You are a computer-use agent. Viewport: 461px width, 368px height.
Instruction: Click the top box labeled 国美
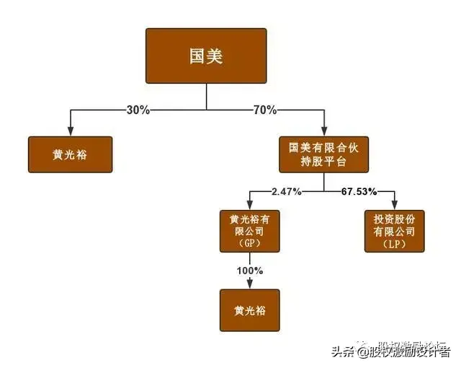(206, 56)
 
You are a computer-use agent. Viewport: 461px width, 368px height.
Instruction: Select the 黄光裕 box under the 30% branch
(70, 154)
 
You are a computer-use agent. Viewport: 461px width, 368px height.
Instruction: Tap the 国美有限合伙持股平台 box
(323, 154)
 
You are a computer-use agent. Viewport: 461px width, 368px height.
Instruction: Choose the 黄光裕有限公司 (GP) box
(249, 231)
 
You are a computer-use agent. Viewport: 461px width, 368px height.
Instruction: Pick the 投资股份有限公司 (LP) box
(394, 231)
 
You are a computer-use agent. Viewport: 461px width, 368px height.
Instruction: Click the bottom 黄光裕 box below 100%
(249, 311)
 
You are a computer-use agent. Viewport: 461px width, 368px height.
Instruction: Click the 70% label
(264, 110)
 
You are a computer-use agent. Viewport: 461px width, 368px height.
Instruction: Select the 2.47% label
(285, 191)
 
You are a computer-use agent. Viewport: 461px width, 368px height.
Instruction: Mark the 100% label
(249, 271)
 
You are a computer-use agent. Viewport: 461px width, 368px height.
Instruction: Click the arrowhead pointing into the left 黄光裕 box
(70, 131)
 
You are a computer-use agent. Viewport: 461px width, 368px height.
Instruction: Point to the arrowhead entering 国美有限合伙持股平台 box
(323, 131)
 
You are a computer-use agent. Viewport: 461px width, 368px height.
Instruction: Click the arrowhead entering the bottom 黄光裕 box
(249, 286)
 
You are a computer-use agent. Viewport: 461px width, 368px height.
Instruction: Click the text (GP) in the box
(249, 244)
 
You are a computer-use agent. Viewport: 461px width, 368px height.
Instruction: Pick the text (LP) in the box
(394, 244)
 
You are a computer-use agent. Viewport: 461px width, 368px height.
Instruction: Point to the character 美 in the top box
(216, 56)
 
